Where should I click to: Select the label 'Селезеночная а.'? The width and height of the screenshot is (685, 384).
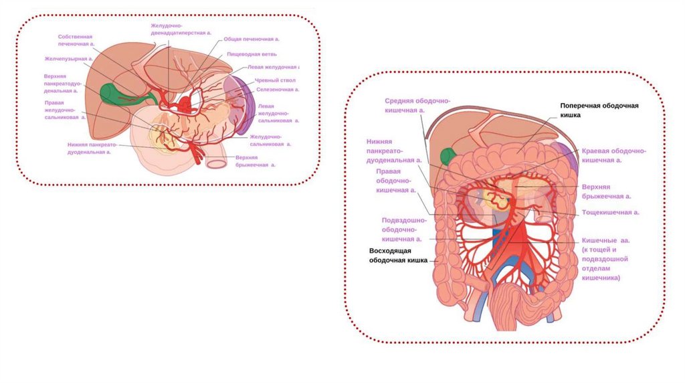click(277, 89)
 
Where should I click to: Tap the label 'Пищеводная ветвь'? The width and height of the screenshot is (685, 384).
click(252, 54)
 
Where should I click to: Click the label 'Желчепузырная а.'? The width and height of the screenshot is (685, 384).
click(68, 59)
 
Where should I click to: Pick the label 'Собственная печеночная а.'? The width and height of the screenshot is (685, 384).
click(76, 39)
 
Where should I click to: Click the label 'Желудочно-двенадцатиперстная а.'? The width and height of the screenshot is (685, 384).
click(181, 28)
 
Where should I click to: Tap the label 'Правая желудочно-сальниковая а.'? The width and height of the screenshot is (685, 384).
click(66, 110)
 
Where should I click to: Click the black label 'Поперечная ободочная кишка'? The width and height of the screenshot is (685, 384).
click(599, 110)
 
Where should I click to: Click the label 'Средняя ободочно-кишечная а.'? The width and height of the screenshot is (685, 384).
click(417, 106)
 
